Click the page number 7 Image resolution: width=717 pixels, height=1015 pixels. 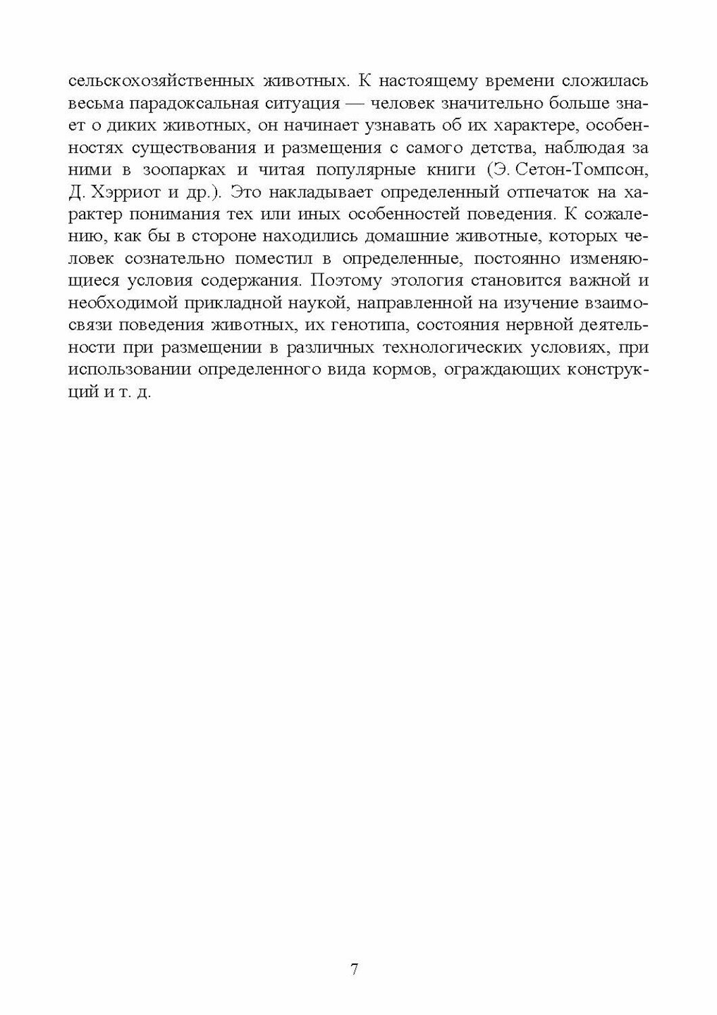(x=354, y=969)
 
